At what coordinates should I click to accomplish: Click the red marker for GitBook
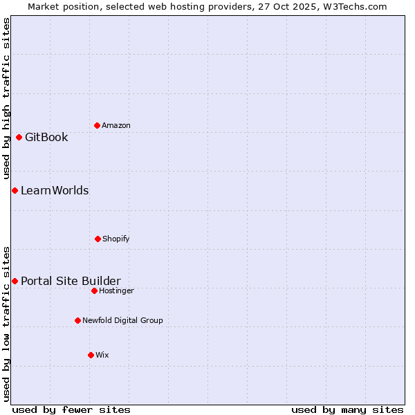[x=19, y=137]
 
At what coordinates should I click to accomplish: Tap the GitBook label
[x=46, y=137]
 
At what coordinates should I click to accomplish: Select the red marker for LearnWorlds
[x=15, y=190]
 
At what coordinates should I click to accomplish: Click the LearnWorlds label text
[x=55, y=190]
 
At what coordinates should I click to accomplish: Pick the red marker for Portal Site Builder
[x=15, y=281]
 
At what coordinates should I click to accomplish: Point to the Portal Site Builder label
[x=71, y=281]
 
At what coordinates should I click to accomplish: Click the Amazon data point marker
[x=97, y=125]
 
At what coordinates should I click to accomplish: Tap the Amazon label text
[x=116, y=125]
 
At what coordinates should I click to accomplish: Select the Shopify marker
[x=98, y=239]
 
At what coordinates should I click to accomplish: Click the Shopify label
[x=116, y=239]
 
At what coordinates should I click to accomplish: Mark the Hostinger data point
[x=94, y=290]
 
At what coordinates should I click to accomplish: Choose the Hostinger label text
[x=116, y=290]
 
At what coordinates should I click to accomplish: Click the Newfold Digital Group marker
[x=77, y=320]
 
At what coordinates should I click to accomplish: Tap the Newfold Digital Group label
[x=122, y=320]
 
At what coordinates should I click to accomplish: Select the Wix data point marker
[x=91, y=355]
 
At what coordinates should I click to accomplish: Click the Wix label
[x=102, y=355]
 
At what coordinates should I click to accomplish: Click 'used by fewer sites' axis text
[x=71, y=409]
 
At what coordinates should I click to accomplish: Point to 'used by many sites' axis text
[x=347, y=409]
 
